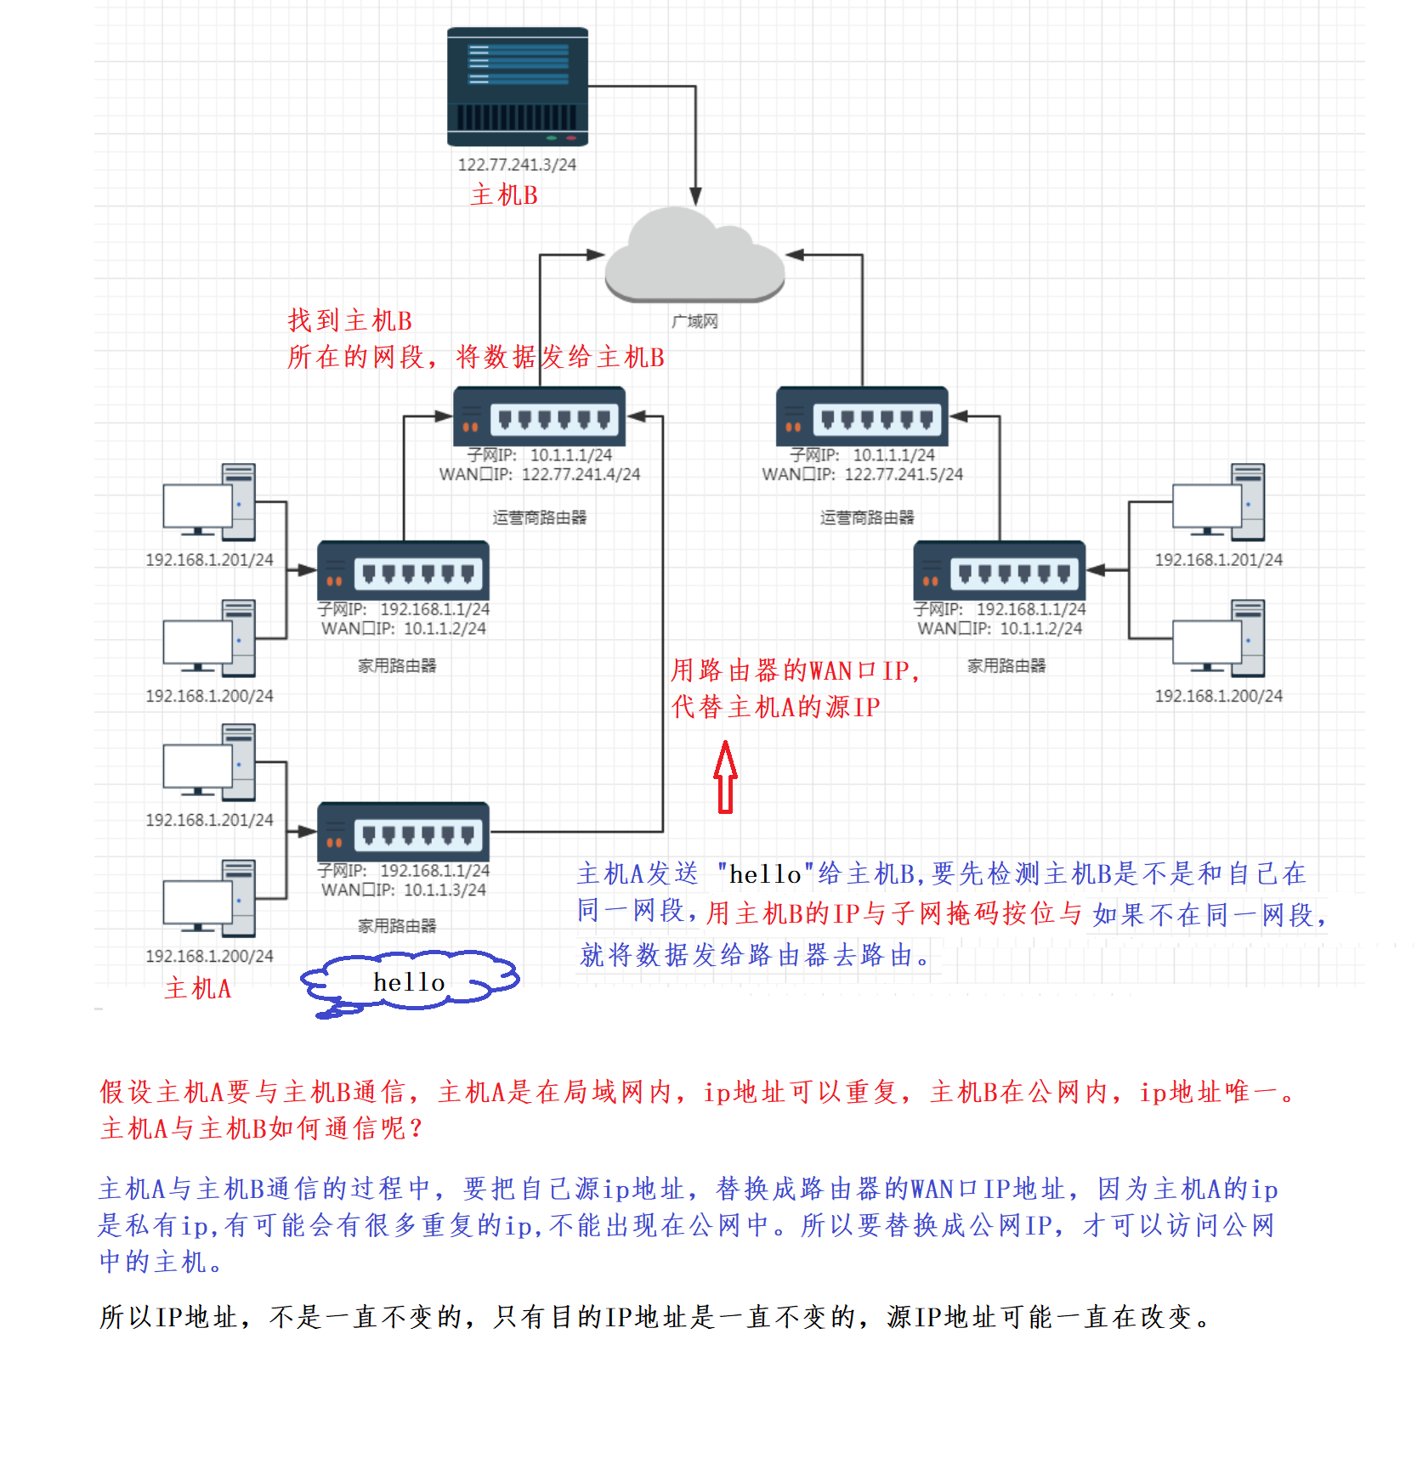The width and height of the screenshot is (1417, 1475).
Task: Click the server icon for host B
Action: pos(518,87)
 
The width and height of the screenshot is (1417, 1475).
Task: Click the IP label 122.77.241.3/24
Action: pos(517,165)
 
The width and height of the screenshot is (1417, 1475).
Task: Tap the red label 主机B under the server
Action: pos(504,195)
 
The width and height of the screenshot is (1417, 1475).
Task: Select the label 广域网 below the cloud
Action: pos(694,321)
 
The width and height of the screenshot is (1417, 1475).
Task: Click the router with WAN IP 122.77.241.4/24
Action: pos(540,416)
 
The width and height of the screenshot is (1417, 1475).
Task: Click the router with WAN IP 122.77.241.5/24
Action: pos(862,416)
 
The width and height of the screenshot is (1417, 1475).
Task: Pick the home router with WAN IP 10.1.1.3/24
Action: pos(403,832)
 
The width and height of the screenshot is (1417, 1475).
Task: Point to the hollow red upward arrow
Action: pos(725,777)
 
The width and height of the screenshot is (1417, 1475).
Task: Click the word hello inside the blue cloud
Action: pos(409,982)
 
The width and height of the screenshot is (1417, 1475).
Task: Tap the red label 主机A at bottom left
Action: pos(198,988)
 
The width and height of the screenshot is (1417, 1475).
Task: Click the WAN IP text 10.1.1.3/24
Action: pos(445,890)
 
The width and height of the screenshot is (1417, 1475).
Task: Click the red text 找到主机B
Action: pos(349,320)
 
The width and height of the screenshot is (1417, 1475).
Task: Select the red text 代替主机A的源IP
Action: pos(775,707)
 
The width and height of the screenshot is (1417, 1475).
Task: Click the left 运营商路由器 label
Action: pos(539,517)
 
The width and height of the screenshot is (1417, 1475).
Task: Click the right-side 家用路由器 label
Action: pos(1006,665)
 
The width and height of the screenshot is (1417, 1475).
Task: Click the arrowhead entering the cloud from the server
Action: pos(695,197)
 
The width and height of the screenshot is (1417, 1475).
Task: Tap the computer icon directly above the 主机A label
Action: pos(209,898)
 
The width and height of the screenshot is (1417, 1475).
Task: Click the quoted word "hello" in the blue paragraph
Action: pos(765,874)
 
